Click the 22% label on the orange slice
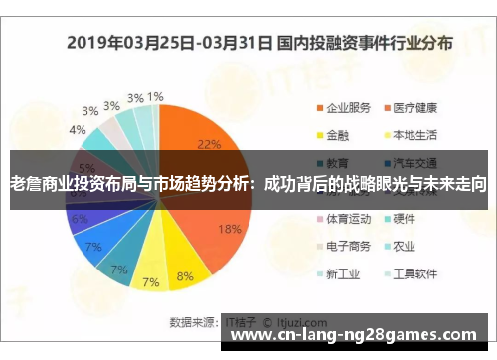point(209,144)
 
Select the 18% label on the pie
point(229,229)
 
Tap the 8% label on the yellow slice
point(185,276)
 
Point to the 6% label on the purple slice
point(80,219)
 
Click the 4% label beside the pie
point(77,130)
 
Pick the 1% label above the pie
point(155,97)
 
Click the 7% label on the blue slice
point(93,246)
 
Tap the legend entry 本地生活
point(413,134)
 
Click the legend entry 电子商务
point(347,245)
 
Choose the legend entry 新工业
point(341,272)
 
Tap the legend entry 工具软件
point(413,272)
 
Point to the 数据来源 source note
point(194,321)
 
